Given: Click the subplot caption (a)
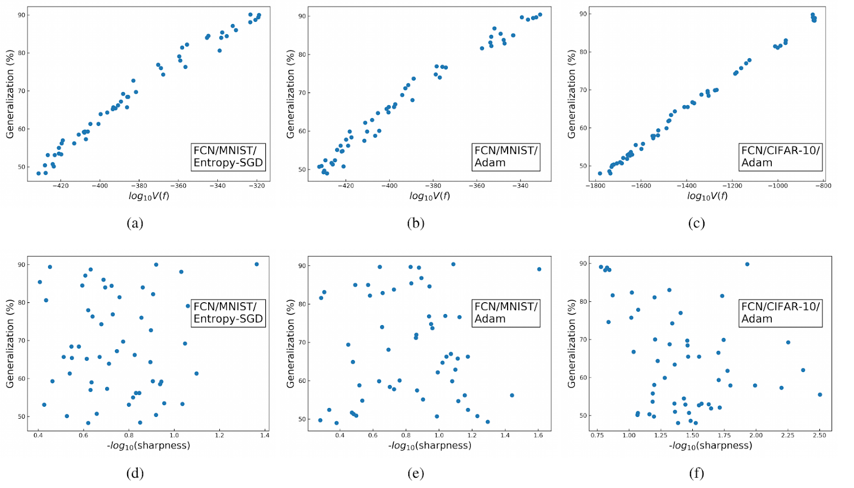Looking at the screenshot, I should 135,223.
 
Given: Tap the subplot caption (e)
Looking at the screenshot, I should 415,473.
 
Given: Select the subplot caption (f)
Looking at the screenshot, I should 696,473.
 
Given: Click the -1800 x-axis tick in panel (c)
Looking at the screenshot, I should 596,186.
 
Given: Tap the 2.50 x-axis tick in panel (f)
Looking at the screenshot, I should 819,435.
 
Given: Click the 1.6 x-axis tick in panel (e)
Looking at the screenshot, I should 538,435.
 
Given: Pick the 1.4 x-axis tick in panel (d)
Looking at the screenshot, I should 265,435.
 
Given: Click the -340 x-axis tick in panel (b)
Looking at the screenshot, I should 520,186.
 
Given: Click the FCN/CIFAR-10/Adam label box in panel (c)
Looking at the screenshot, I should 780,156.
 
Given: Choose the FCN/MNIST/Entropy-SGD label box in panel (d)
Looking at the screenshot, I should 228,313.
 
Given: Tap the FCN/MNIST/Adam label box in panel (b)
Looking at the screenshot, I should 505,156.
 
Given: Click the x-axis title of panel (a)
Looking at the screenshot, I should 149,196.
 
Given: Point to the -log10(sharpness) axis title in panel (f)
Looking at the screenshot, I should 710,445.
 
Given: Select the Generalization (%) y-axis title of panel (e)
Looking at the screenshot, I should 290,343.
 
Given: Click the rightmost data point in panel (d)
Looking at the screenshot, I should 256,264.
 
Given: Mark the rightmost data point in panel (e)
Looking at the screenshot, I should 539,269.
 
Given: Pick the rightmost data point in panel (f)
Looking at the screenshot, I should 820,395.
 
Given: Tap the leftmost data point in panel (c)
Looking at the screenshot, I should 600,173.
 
